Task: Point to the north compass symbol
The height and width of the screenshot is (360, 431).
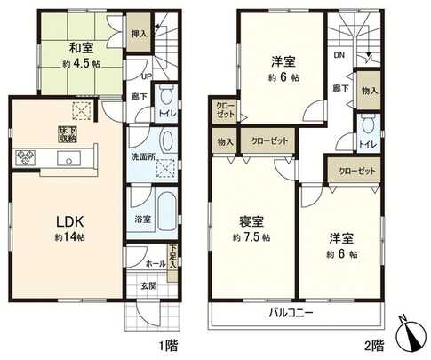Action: coord(412,335)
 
